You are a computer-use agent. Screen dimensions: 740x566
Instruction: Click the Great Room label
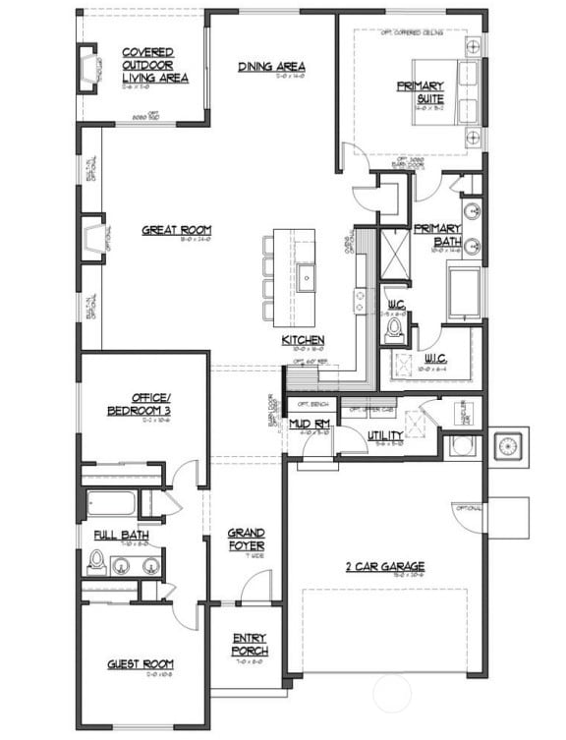[176, 231]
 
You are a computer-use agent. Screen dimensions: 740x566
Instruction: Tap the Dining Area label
[269, 67]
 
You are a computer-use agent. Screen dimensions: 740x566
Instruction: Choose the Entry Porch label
[250, 644]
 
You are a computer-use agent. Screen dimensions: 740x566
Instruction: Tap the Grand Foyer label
[246, 540]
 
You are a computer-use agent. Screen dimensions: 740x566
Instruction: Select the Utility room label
[385, 435]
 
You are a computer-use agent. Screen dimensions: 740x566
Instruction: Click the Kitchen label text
[304, 340]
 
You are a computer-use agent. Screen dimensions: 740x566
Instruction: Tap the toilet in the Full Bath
[97, 561]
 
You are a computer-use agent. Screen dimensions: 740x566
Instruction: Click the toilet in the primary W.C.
[395, 327]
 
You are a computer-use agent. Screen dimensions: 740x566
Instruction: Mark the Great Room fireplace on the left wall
[93, 240]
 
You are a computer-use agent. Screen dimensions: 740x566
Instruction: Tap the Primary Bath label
[436, 235]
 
